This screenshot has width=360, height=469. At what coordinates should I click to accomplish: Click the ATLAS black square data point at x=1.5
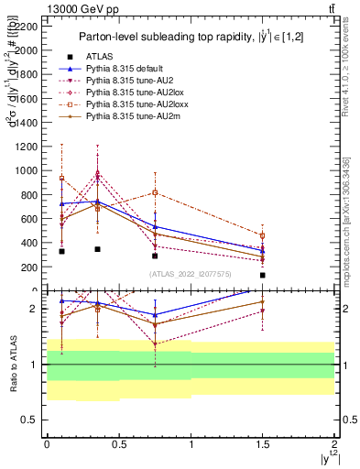click(x=263, y=275)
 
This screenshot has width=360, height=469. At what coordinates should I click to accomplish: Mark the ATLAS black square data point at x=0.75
click(x=155, y=256)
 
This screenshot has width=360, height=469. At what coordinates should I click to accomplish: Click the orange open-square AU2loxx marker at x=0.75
click(x=155, y=192)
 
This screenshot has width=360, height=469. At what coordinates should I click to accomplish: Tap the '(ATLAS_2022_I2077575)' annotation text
click(x=190, y=273)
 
